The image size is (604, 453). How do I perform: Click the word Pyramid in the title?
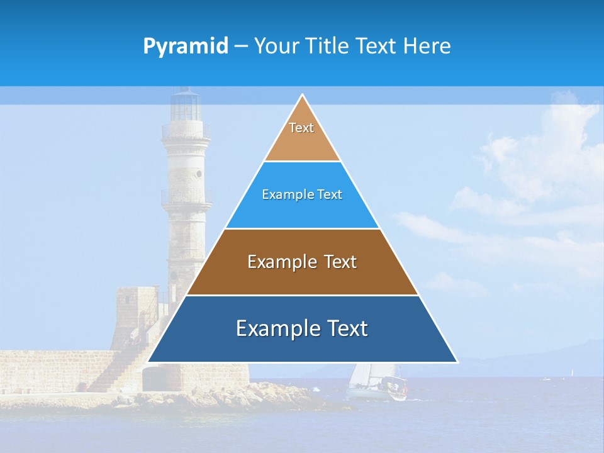click(x=185, y=47)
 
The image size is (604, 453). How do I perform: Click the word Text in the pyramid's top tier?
click(x=301, y=128)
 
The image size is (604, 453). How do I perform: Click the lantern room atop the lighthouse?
click(x=186, y=106)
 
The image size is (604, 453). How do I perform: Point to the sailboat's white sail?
click(x=361, y=375)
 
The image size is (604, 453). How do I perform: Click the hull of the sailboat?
click(x=377, y=394)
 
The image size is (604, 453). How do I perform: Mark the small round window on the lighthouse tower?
click(x=199, y=173)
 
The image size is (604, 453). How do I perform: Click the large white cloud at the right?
click(x=541, y=157)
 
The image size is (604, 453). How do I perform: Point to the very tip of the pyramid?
click(x=303, y=96)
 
